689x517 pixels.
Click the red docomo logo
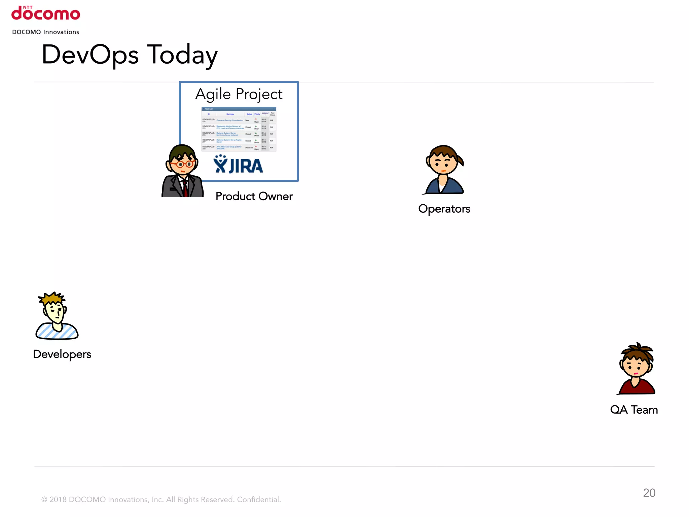[x=46, y=13]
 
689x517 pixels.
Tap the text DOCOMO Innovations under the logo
[x=46, y=32]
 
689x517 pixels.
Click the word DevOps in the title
[x=90, y=55]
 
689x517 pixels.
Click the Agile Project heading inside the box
[x=239, y=94]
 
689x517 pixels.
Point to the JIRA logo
[x=239, y=165]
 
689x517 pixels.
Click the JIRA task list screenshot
[x=239, y=129]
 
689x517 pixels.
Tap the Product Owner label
[x=254, y=196]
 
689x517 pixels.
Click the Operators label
[x=444, y=209]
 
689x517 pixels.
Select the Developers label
[x=62, y=354]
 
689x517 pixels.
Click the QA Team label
[x=634, y=410]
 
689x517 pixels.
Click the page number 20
[x=649, y=493]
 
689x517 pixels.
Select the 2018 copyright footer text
[x=161, y=499]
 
